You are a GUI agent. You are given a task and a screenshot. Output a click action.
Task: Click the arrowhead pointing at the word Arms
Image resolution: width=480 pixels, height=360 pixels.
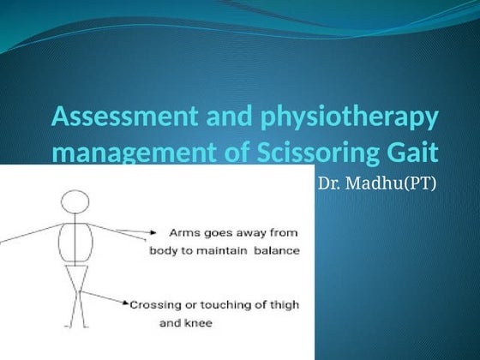click(151, 231)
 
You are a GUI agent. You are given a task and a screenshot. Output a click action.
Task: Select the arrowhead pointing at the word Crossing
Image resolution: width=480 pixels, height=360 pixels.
click(127, 304)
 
